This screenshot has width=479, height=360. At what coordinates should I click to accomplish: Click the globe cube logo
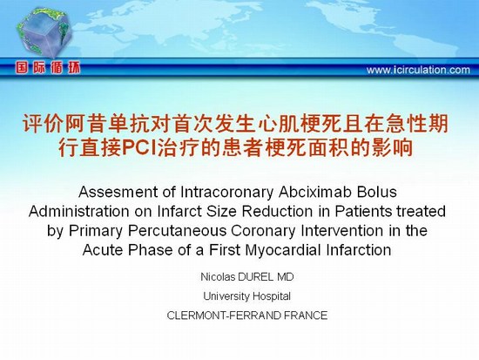44,32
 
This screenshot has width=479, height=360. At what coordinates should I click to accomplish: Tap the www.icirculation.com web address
418,70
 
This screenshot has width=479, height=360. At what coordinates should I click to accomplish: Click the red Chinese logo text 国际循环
48,68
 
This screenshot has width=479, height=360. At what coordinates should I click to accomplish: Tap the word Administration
78,211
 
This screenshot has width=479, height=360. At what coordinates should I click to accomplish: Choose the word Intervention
341,231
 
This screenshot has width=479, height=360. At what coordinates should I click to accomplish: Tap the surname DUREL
256,277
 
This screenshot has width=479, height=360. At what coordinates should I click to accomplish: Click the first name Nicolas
218,277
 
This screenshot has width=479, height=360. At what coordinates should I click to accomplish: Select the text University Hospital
246,296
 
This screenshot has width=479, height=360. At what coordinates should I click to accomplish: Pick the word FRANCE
306,316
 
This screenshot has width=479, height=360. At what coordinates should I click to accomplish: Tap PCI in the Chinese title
139,148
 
